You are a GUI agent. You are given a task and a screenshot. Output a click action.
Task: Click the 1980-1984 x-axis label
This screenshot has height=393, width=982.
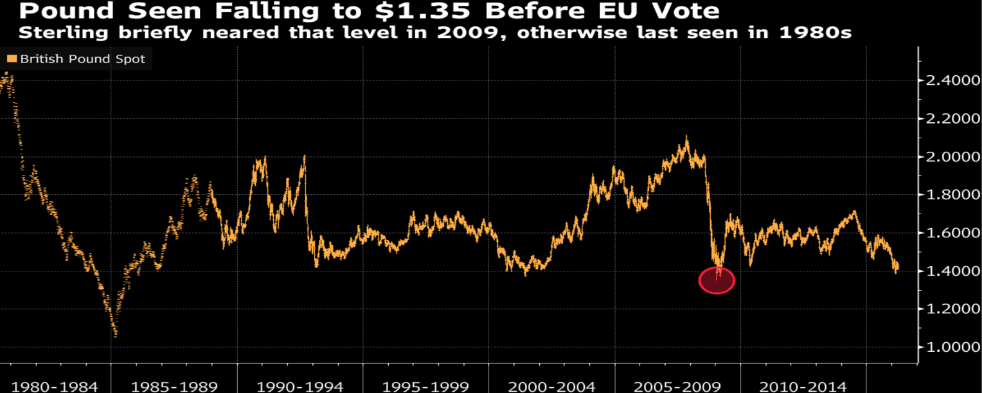[x=55, y=386]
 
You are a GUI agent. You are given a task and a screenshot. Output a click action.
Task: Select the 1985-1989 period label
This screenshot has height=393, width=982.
[x=175, y=386]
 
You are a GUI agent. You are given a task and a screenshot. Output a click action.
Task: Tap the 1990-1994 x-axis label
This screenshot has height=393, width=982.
[x=300, y=386]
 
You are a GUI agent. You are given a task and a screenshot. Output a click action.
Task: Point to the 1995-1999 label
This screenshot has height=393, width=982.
[x=425, y=386]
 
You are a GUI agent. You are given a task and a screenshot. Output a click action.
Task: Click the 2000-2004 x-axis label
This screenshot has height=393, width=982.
[x=551, y=386]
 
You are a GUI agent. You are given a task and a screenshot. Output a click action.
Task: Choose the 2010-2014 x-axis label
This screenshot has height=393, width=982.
[x=802, y=386]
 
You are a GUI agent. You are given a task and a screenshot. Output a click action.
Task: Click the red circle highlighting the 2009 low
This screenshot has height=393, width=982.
[x=717, y=280]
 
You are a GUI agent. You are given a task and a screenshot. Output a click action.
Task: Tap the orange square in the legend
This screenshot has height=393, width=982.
[x=12, y=59]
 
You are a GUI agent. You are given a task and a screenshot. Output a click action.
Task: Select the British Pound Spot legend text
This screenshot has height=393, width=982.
[x=82, y=59]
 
